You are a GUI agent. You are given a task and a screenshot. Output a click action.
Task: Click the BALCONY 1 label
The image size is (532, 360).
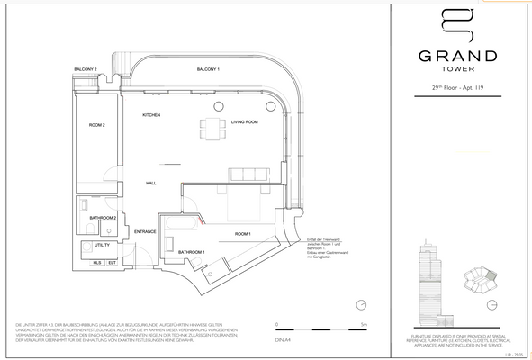point(210,68)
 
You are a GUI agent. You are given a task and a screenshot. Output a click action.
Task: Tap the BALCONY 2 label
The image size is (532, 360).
point(85,68)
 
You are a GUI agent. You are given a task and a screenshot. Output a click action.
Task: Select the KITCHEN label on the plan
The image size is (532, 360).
point(150,116)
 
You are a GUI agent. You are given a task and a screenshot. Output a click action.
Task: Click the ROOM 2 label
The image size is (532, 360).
point(97,124)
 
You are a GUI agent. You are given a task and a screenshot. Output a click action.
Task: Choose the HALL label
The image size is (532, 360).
point(151,183)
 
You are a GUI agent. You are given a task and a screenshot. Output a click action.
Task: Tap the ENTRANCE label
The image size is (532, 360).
point(145,232)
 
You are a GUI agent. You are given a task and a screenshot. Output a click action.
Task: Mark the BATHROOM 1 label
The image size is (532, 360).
point(190,251)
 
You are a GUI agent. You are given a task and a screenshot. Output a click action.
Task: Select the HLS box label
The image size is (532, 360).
point(97,262)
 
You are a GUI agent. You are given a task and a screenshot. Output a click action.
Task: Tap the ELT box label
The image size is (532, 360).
point(112,262)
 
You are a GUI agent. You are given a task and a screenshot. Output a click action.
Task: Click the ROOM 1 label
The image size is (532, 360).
point(243,233)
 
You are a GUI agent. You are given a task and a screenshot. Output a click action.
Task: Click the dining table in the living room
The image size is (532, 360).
point(212,129)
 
